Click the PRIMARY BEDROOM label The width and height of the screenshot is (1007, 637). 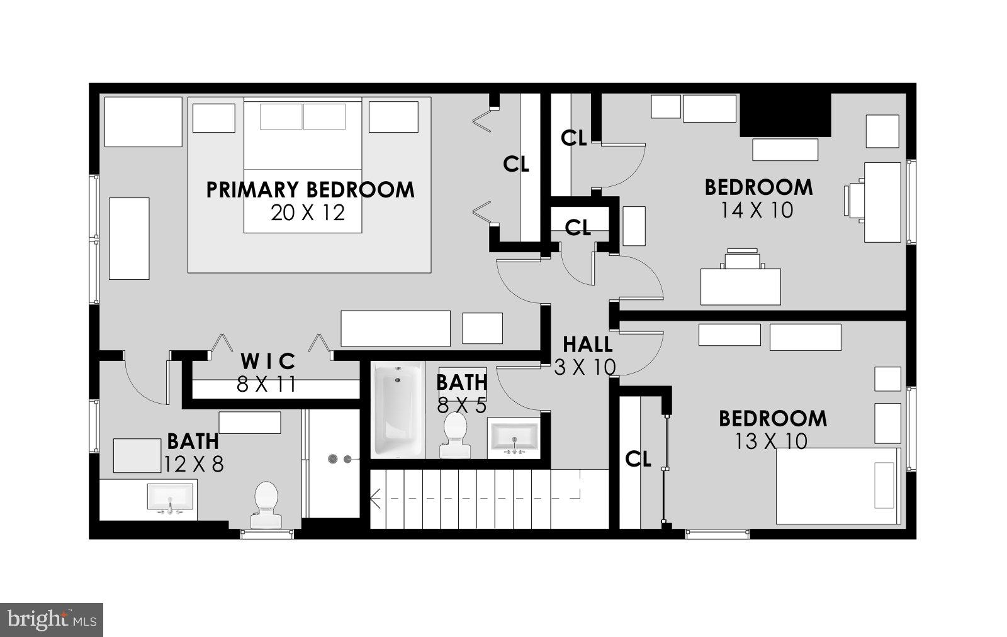(x=310, y=190)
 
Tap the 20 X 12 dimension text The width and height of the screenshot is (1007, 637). (x=308, y=213)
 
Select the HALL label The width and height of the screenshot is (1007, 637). (x=587, y=345)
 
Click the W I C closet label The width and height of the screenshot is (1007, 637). (x=268, y=362)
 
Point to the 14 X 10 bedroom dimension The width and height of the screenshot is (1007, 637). (x=757, y=210)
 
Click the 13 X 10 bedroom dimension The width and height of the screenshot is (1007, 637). (x=771, y=441)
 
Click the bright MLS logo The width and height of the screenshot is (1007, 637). (x=52, y=619)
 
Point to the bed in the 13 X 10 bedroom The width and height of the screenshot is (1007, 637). (x=838, y=485)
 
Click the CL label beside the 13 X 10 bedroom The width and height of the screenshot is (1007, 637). (x=638, y=460)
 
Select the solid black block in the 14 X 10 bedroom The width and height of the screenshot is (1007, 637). (x=785, y=115)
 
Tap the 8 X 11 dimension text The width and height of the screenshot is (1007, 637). (x=266, y=384)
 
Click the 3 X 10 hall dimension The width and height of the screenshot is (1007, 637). (x=585, y=367)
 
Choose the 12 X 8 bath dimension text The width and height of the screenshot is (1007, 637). (x=194, y=464)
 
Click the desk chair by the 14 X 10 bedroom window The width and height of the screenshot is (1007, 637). (x=854, y=200)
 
